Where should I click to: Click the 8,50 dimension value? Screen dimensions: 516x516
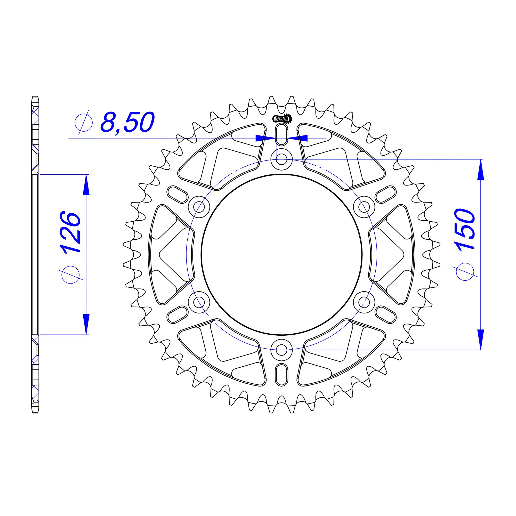coord(127,123)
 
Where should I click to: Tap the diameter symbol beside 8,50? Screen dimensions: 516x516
coord(84,123)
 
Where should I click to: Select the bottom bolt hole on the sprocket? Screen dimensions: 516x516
coord(281,349)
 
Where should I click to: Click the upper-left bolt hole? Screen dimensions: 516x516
coord(199,207)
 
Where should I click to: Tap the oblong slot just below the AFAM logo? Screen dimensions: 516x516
coord(281,134)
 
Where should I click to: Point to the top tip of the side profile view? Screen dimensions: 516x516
coord(35,97)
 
